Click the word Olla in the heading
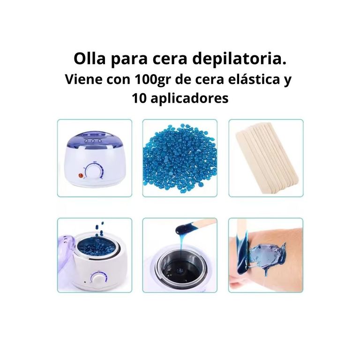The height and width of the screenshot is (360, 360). pyautogui.click(x=90, y=59)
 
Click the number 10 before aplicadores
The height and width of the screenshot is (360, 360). pyautogui.click(x=139, y=98)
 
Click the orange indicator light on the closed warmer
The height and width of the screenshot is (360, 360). pyautogui.click(x=81, y=176)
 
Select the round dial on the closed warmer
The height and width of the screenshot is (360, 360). pyautogui.click(x=94, y=172)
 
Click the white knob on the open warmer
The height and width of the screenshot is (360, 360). pyautogui.click(x=99, y=279)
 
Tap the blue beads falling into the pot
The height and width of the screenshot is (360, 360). pyautogui.click(x=99, y=229)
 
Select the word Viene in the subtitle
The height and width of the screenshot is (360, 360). pyautogui.click(x=83, y=79)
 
